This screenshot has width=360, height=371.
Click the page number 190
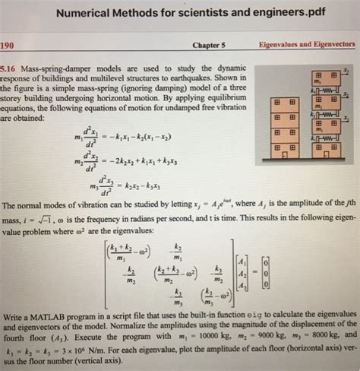[x=8, y=44]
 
